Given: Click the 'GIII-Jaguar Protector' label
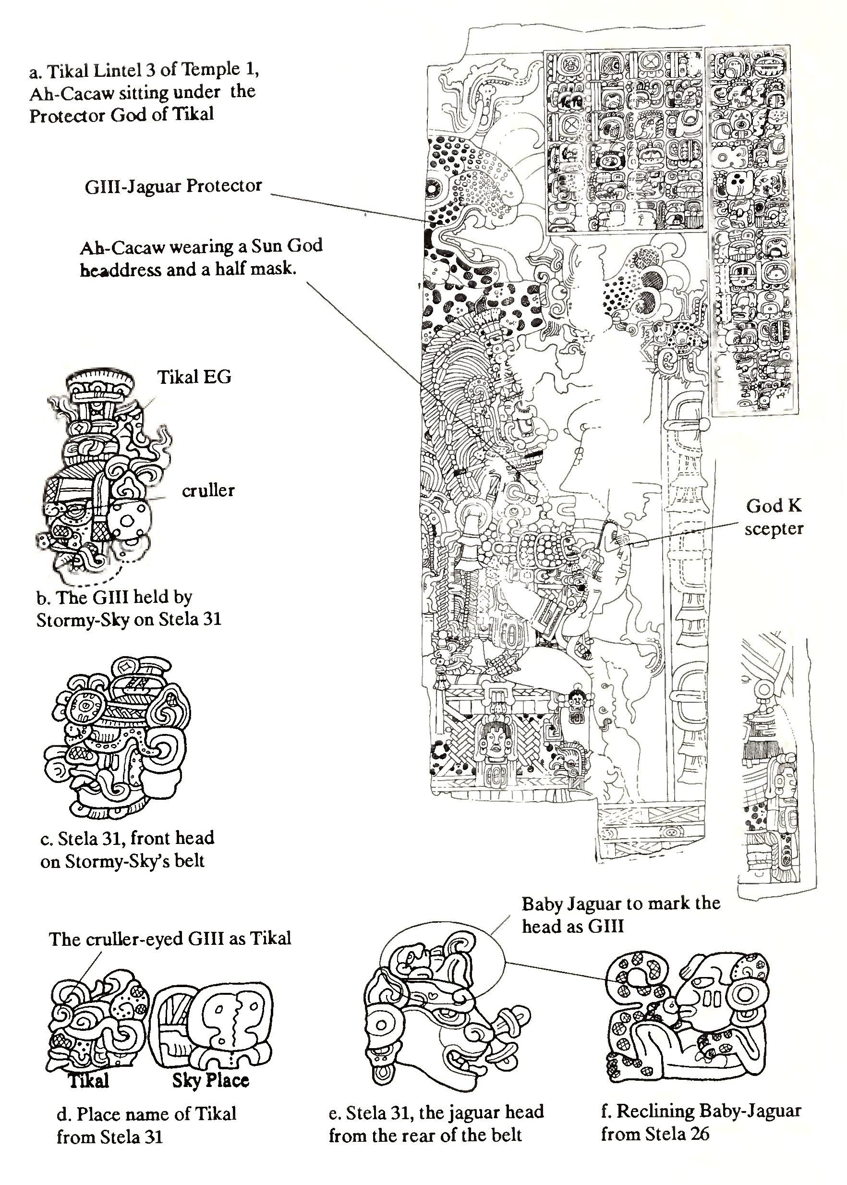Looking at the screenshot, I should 173,186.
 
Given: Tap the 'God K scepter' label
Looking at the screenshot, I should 774,517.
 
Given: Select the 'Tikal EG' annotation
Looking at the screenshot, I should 194,376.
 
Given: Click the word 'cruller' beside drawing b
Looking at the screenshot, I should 208,490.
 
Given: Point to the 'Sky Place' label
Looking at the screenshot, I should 211,1080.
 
